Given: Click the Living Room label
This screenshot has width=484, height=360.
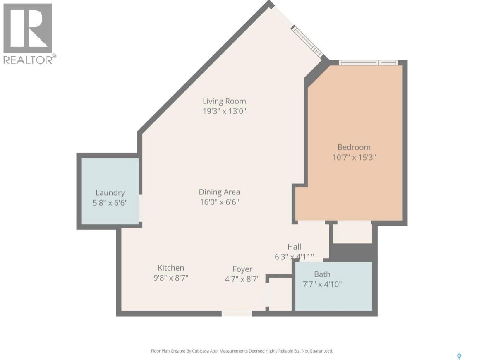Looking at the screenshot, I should pyautogui.click(x=224, y=101).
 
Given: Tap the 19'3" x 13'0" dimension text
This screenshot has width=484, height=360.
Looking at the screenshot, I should pyautogui.click(x=224, y=111).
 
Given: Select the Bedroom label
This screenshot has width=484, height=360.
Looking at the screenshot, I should pyautogui.click(x=354, y=147).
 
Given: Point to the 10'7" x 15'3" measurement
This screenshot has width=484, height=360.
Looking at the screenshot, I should pyautogui.click(x=354, y=157).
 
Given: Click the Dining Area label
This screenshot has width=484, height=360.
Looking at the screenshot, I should pyautogui.click(x=219, y=192).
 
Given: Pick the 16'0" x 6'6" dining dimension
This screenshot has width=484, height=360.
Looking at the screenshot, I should pyautogui.click(x=219, y=202).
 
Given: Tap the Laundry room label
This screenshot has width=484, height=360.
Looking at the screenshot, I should pyautogui.click(x=110, y=192).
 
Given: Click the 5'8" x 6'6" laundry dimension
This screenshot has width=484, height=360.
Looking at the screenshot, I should pyautogui.click(x=110, y=203).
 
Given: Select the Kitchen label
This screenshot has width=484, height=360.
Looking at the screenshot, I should pyautogui.click(x=171, y=268).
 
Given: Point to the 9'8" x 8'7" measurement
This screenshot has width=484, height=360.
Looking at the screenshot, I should pyautogui.click(x=171, y=278).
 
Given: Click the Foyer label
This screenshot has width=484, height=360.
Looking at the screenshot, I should pyautogui.click(x=242, y=269).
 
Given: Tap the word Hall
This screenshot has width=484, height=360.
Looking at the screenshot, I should pyautogui.click(x=294, y=247).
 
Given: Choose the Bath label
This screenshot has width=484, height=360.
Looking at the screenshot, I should pyautogui.click(x=322, y=274).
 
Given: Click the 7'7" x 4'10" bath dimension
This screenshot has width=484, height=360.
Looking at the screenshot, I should pyautogui.click(x=322, y=284).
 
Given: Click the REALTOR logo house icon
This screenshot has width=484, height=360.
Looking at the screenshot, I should pyautogui.click(x=28, y=28).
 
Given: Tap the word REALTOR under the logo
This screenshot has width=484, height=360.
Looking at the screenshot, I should pyautogui.click(x=28, y=60).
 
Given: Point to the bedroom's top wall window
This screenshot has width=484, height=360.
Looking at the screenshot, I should pyautogui.click(x=368, y=62).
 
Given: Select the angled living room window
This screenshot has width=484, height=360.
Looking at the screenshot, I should pyautogui.click(x=307, y=41).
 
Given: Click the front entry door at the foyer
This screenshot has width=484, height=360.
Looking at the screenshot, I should pyautogui.click(x=237, y=313).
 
